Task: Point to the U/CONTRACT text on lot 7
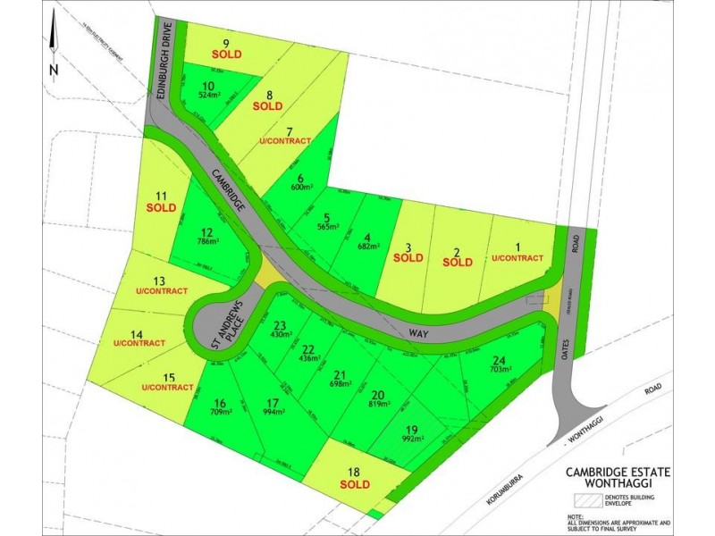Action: [x=284, y=142]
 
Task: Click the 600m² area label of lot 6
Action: [x=301, y=187]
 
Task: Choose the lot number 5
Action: [x=327, y=216]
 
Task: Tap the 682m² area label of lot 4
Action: [x=367, y=246]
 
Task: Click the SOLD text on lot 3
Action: [x=408, y=258]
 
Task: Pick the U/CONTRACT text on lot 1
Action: [x=517, y=258]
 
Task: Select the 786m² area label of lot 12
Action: [x=208, y=241]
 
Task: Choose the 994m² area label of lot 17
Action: [x=274, y=413]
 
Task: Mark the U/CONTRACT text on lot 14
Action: [x=139, y=343]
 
